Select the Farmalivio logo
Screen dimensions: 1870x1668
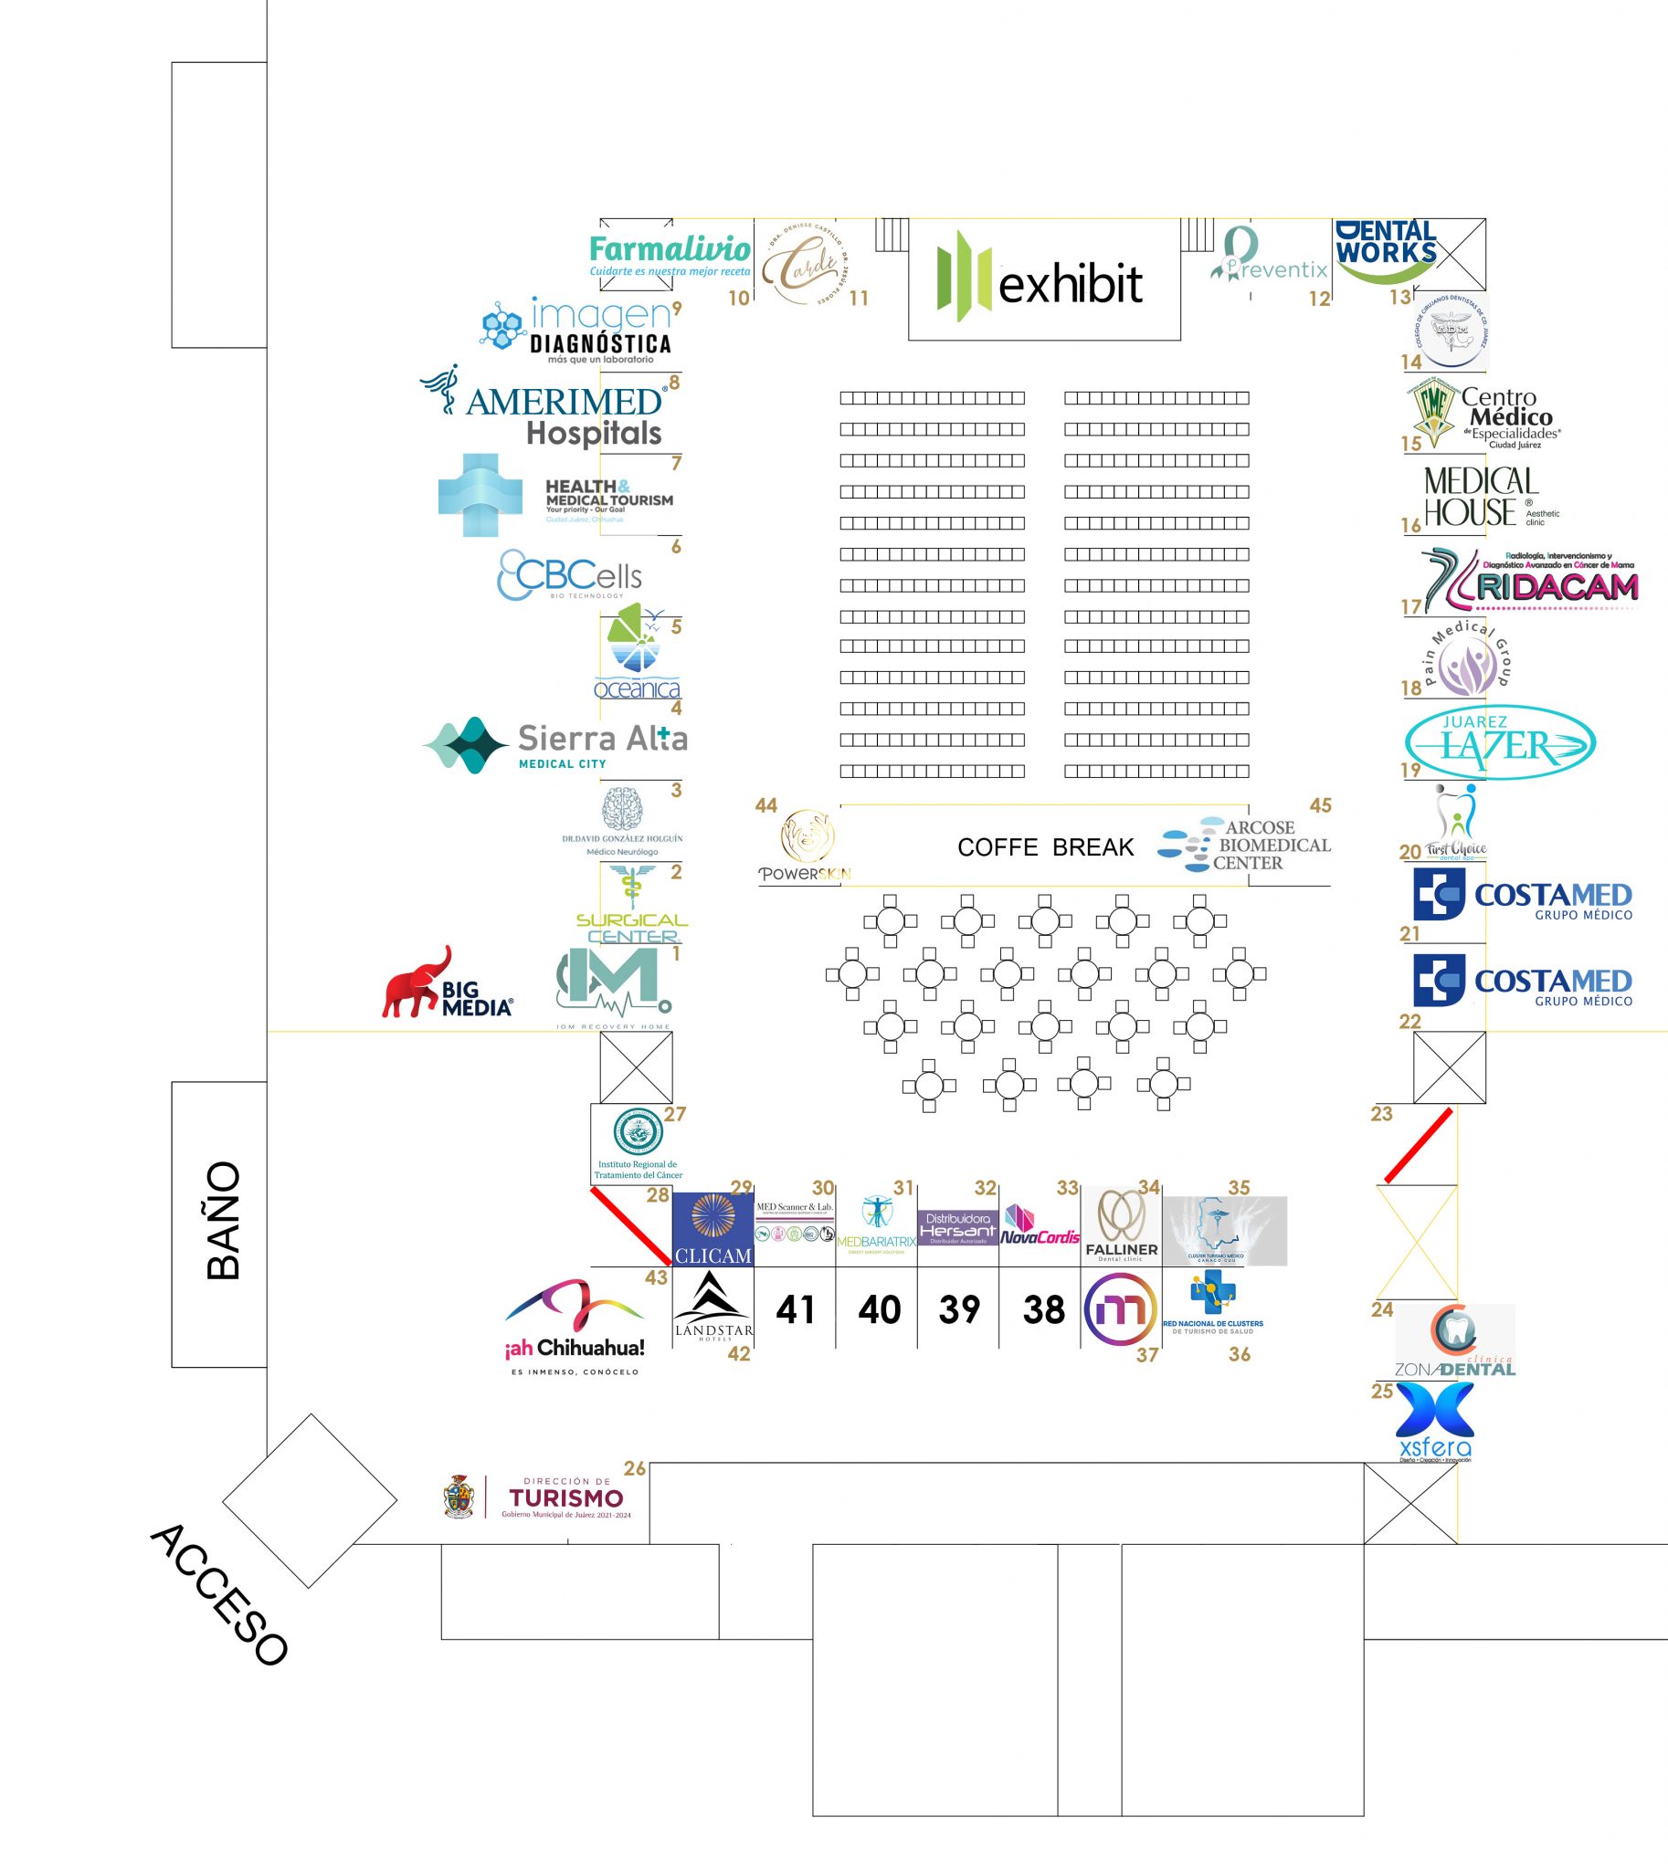click(670, 256)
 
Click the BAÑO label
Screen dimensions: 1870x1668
click(224, 1221)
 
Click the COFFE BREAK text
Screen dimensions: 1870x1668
click(1045, 847)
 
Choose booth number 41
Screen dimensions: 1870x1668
click(795, 1309)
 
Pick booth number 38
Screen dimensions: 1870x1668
click(1043, 1309)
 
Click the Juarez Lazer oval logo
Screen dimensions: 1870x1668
click(1499, 742)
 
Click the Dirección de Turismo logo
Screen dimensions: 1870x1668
click(539, 1497)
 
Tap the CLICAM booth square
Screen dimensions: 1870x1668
click(713, 1230)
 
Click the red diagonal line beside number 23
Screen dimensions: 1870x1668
click(1418, 1145)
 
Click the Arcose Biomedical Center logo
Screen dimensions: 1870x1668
click(1244, 845)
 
